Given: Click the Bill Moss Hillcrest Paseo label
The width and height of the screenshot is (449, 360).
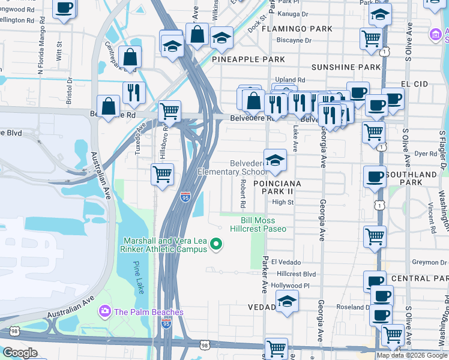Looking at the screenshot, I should (x=259, y=224).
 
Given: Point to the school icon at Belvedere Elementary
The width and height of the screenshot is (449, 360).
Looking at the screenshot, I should (x=276, y=160).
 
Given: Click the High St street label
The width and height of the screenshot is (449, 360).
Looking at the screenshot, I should (x=282, y=202).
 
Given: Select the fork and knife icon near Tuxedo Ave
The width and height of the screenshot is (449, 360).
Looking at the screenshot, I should (x=133, y=92).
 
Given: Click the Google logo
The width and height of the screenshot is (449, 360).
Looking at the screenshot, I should (x=20, y=353).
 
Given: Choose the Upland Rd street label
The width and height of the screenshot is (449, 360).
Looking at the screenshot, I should (x=290, y=80).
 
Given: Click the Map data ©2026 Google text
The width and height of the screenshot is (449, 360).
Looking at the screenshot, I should (x=411, y=355).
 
